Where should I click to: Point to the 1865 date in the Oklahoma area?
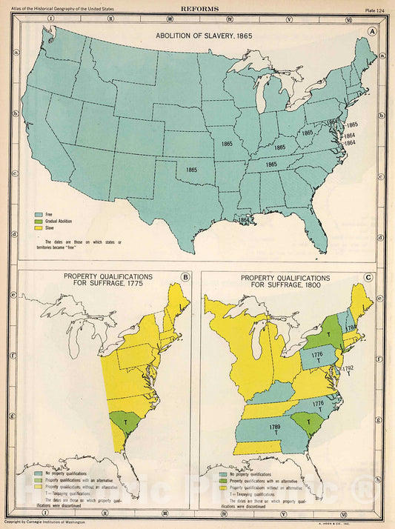click(x=192, y=170)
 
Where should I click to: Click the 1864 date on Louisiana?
click(x=244, y=220)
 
